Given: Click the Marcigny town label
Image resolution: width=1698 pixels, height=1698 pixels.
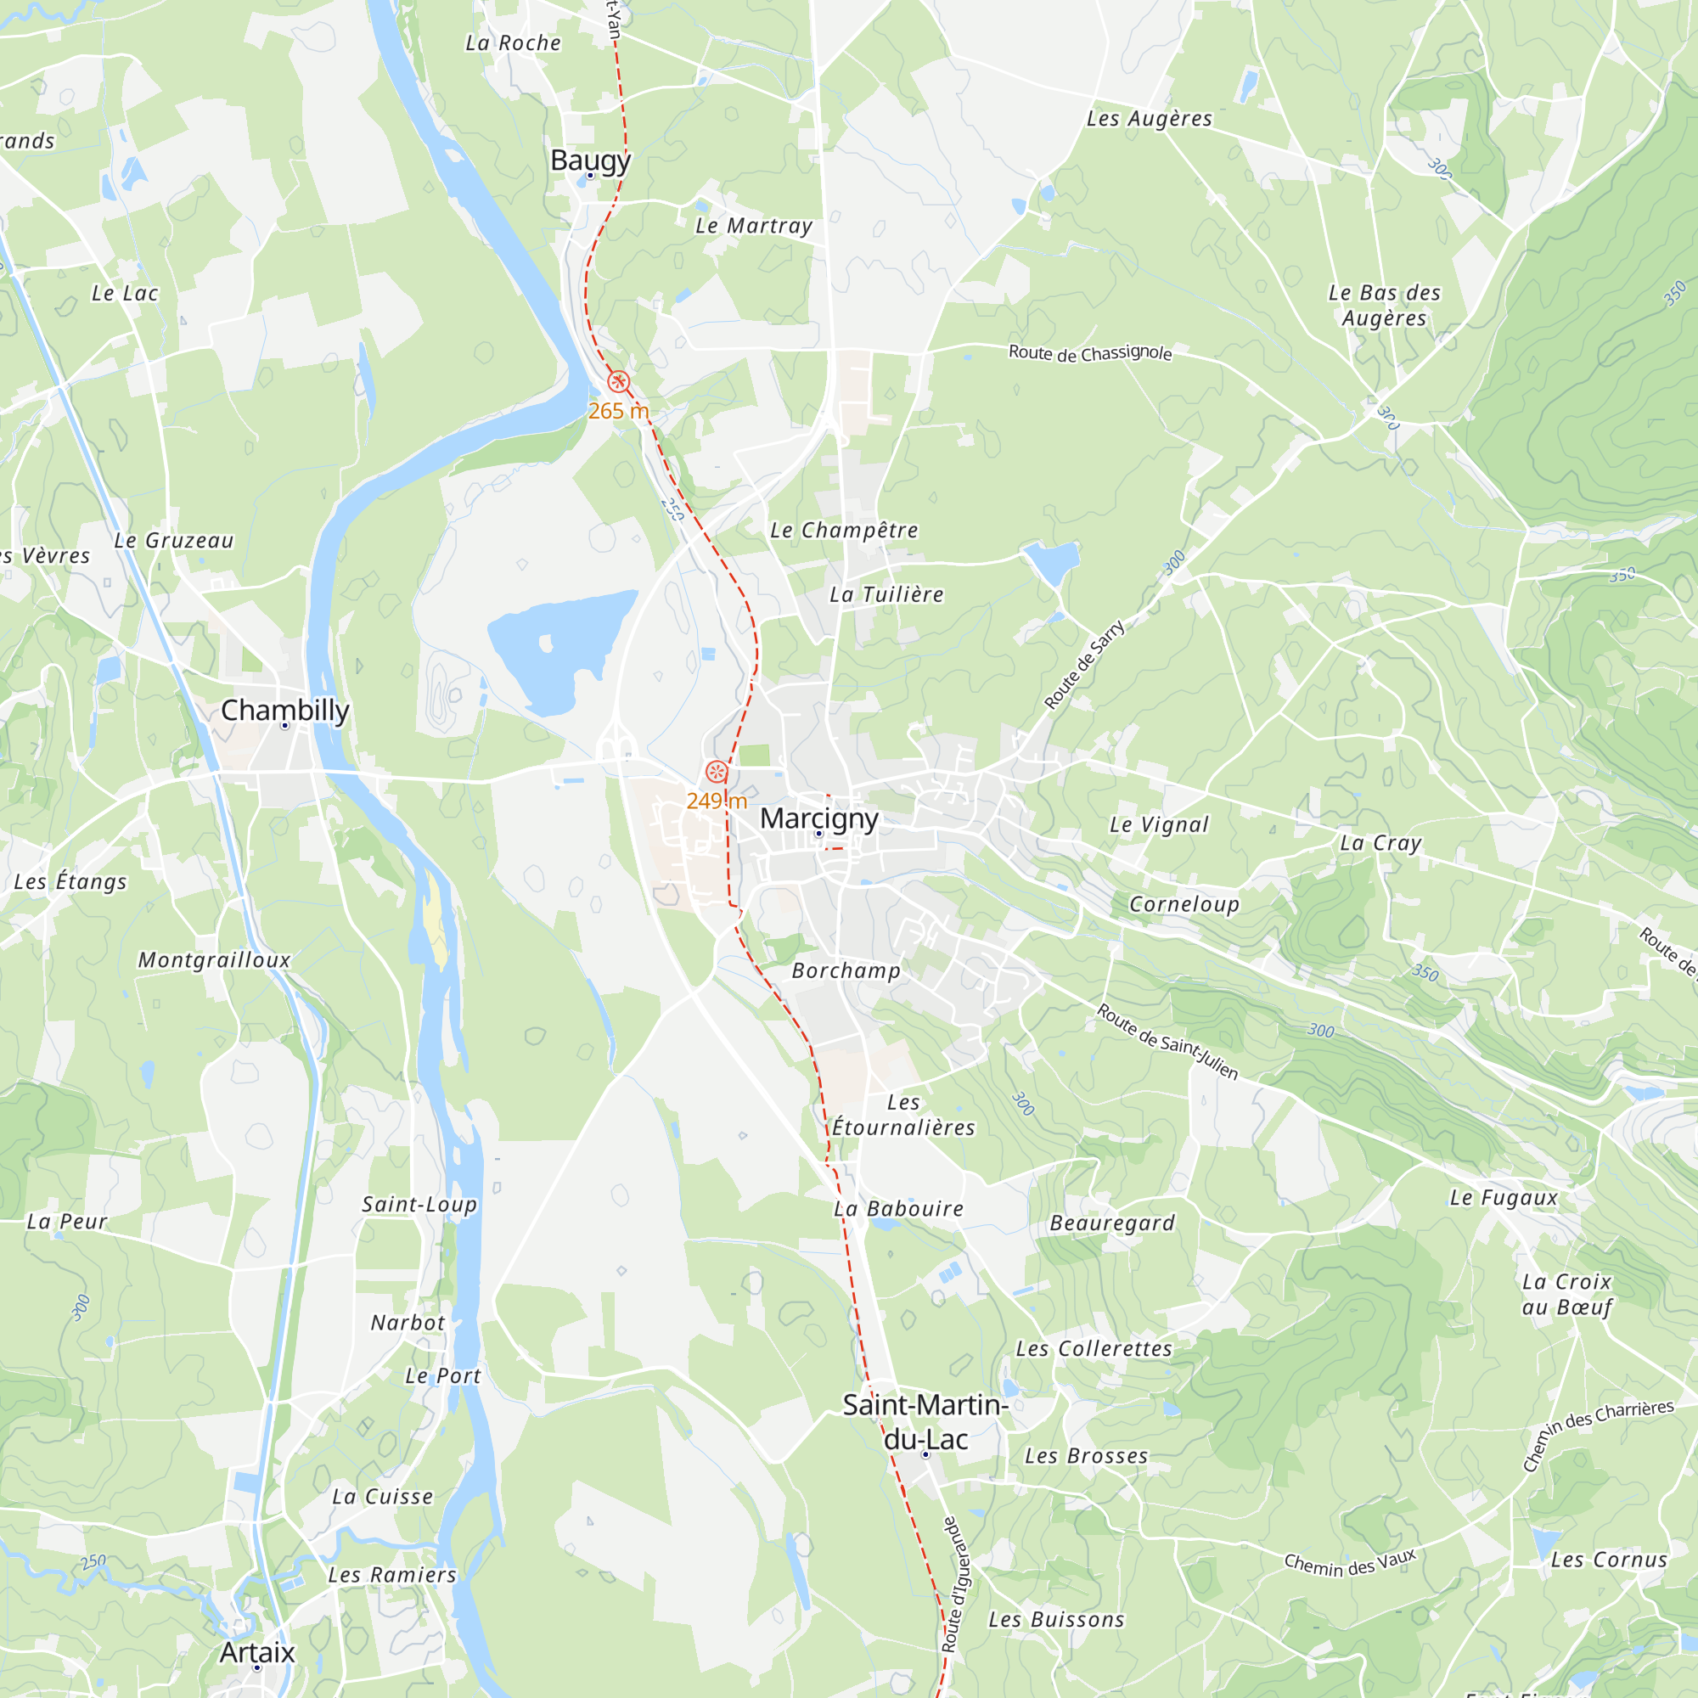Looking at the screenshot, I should coord(819,818).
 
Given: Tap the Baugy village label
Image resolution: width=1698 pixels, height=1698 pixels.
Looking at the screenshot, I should coord(591,160).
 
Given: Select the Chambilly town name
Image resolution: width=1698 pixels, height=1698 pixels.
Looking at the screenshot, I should coord(284,709).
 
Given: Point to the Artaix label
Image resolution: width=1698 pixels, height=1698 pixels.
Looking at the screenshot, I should coord(256,1652).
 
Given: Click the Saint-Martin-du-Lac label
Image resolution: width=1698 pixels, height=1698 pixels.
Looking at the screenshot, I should coord(925,1421).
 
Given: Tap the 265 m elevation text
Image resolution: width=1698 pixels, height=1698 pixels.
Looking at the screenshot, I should coord(619,410).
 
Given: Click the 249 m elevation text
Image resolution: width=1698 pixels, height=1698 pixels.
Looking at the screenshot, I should coord(717,801).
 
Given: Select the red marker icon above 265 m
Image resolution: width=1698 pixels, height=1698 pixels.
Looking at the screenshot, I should coord(619,381).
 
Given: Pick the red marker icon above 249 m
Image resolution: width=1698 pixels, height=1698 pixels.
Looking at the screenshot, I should coord(717,773).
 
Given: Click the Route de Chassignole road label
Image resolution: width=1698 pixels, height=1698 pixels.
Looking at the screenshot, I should coord(1090,352).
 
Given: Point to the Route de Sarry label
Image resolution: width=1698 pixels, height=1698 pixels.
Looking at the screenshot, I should coord(1084,665).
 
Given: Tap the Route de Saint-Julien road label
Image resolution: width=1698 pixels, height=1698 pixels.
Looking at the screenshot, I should coord(1167,1042).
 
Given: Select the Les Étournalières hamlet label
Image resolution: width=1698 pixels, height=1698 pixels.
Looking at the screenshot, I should coord(903,1116).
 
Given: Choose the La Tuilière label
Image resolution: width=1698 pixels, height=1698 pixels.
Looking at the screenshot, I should coord(887,595).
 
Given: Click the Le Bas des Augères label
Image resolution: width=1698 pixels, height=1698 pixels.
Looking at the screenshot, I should coord(1384,305).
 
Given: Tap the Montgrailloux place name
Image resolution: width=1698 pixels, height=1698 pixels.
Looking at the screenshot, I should coord(214,959).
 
